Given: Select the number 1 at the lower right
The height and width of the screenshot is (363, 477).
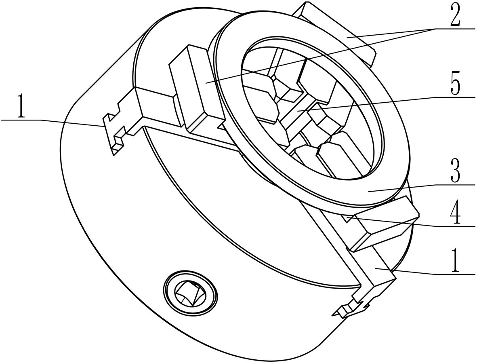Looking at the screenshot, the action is tap(455, 262).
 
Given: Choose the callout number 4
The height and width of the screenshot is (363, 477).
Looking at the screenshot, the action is tap(455, 215).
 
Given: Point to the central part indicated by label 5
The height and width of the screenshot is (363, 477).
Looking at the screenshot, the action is tap(299, 111).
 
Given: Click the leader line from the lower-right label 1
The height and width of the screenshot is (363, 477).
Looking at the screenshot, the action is tap(416, 272).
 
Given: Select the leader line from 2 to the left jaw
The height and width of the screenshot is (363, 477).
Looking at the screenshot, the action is tap(323, 55).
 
